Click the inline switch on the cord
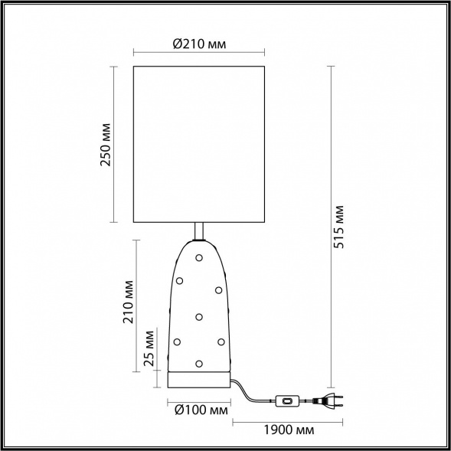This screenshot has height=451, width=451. coord(289,400)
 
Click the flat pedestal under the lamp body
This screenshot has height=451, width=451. coord(199,380)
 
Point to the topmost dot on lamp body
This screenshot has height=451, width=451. coord(199,257)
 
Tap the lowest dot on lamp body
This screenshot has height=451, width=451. coord(199,363)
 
